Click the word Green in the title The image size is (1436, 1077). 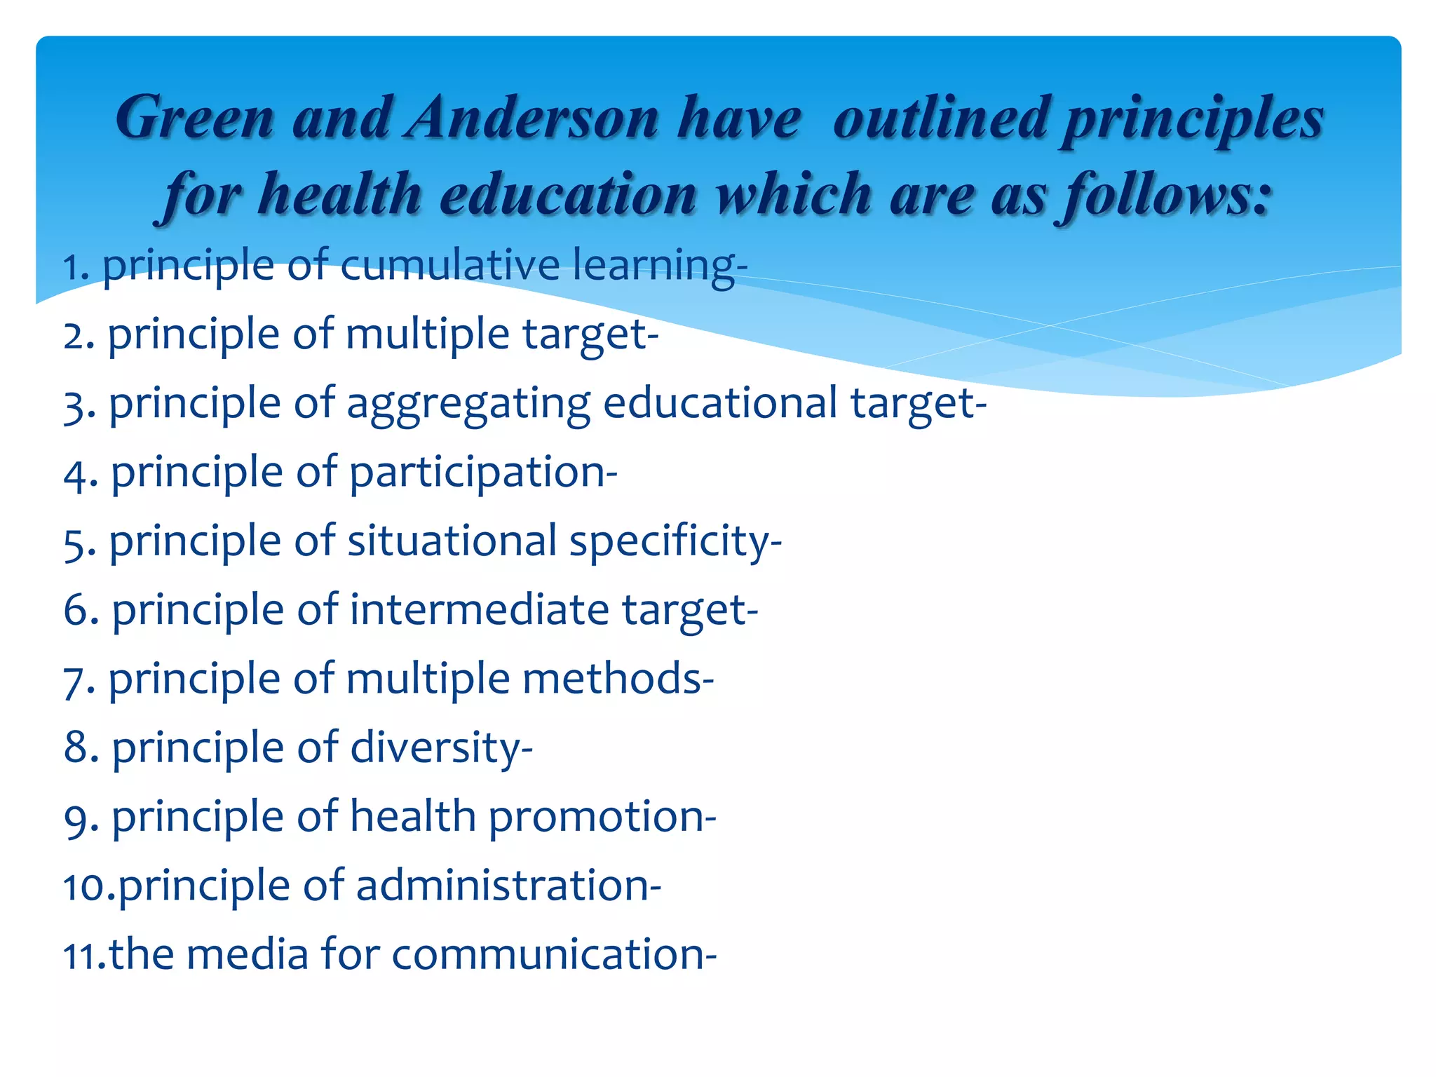[x=194, y=118]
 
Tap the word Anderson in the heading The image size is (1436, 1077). [x=532, y=118]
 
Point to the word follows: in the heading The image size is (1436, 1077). [x=1165, y=194]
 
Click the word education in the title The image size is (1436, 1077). [x=568, y=194]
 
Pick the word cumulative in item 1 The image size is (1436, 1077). [x=449, y=265]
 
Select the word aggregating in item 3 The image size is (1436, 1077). [x=468, y=405]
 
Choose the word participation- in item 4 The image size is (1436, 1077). [x=483, y=473]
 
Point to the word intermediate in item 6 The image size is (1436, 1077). [x=480, y=609]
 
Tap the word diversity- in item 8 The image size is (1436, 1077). [x=441, y=748]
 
